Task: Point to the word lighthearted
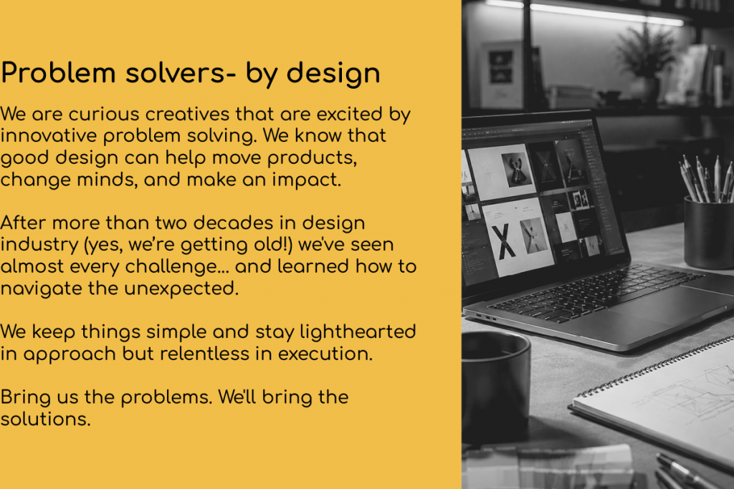(358, 332)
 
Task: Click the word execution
(325, 354)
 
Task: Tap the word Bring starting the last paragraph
(26, 397)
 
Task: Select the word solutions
(45, 419)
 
